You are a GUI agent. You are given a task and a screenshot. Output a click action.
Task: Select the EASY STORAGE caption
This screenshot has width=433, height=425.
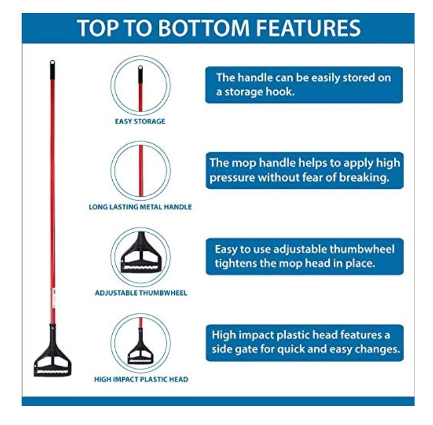click(x=140, y=121)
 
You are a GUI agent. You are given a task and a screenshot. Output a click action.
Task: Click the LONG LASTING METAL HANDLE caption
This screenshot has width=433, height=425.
click(x=140, y=207)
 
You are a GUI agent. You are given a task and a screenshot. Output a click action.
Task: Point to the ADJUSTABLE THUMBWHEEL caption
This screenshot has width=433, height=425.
click(x=141, y=293)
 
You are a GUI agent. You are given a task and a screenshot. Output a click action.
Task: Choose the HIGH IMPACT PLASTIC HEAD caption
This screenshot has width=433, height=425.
click(x=141, y=379)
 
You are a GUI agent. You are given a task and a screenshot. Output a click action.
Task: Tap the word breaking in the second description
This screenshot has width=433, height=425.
click(x=364, y=178)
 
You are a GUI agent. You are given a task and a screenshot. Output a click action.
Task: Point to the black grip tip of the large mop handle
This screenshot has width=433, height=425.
click(x=52, y=69)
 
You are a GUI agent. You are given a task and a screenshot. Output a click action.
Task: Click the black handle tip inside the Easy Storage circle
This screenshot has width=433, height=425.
click(x=140, y=74)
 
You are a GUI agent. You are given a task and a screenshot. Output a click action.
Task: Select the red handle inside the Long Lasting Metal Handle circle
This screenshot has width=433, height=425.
click(x=140, y=170)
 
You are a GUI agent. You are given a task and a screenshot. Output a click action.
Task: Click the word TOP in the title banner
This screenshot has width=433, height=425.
click(x=98, y=28)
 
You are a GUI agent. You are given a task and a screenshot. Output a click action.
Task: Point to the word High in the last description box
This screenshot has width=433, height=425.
click(x=223, y=335)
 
